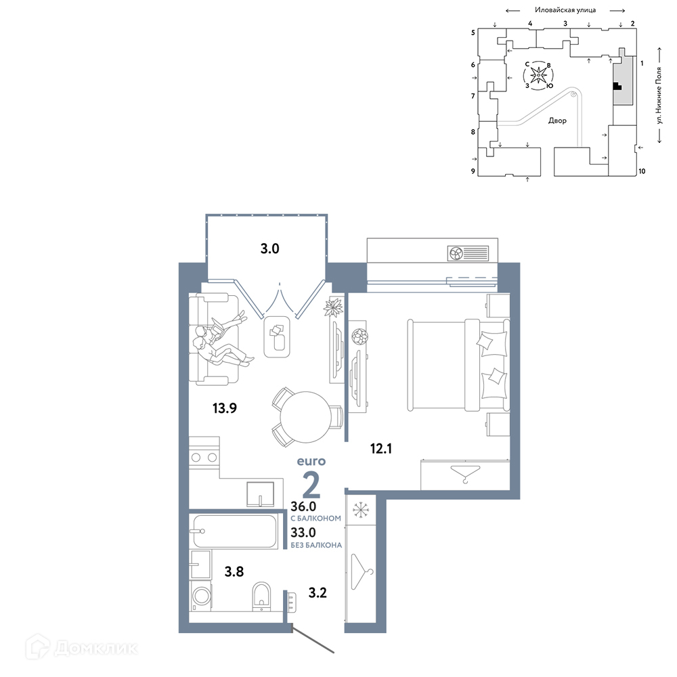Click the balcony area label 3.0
tap(270, 248)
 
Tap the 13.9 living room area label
tap(225, 408)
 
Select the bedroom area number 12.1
tap(380, 449)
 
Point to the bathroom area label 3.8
tap(234, 571)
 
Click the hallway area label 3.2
tap(318, 593)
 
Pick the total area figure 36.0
tap(303, 506)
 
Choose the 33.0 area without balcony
tap(303, 532)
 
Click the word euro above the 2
tap(311, 462)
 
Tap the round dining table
tap(306, 417)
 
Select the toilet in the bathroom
tap(261, 596)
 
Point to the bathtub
tap(234, 531)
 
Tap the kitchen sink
tap(261, 494)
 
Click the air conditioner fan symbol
tap(456, 253)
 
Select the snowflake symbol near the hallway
tap(361, 510)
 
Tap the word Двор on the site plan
tap(557, 121)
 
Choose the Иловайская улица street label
tap(565, 9)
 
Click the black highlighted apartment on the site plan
tap(617, 87)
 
